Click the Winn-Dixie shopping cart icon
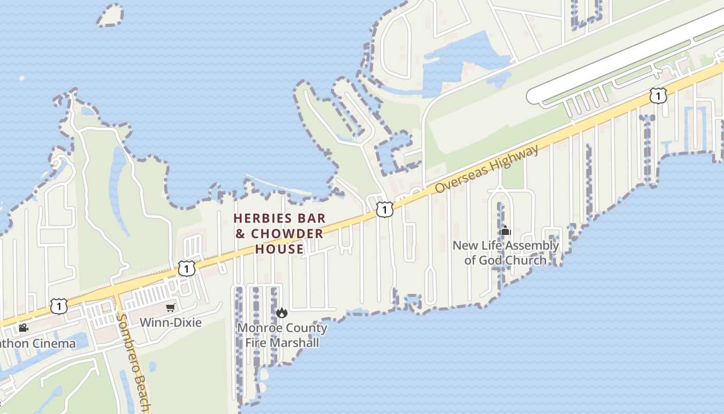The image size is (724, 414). pos(170,308)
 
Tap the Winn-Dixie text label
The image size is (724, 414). pos(171,322)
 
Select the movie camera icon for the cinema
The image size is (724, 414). pos(23,328)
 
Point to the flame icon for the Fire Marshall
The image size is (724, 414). pos(282,313)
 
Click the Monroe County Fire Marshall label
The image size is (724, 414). pos(282,335)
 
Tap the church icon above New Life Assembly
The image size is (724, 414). pos(505,231)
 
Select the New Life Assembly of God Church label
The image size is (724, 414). pos(505,253)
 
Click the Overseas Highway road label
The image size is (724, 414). pos(486,169)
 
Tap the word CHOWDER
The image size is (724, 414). pos(286,233)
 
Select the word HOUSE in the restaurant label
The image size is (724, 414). pos(279,249)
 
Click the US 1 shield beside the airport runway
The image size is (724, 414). pos(658,96)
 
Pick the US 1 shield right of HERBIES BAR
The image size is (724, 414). pos(384,210)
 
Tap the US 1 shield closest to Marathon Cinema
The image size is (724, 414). pos(59,306)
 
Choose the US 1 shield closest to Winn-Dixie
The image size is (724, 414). pos(187,268)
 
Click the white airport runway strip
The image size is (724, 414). pos(621,57)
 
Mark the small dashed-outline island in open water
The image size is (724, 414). pos(110,16)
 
